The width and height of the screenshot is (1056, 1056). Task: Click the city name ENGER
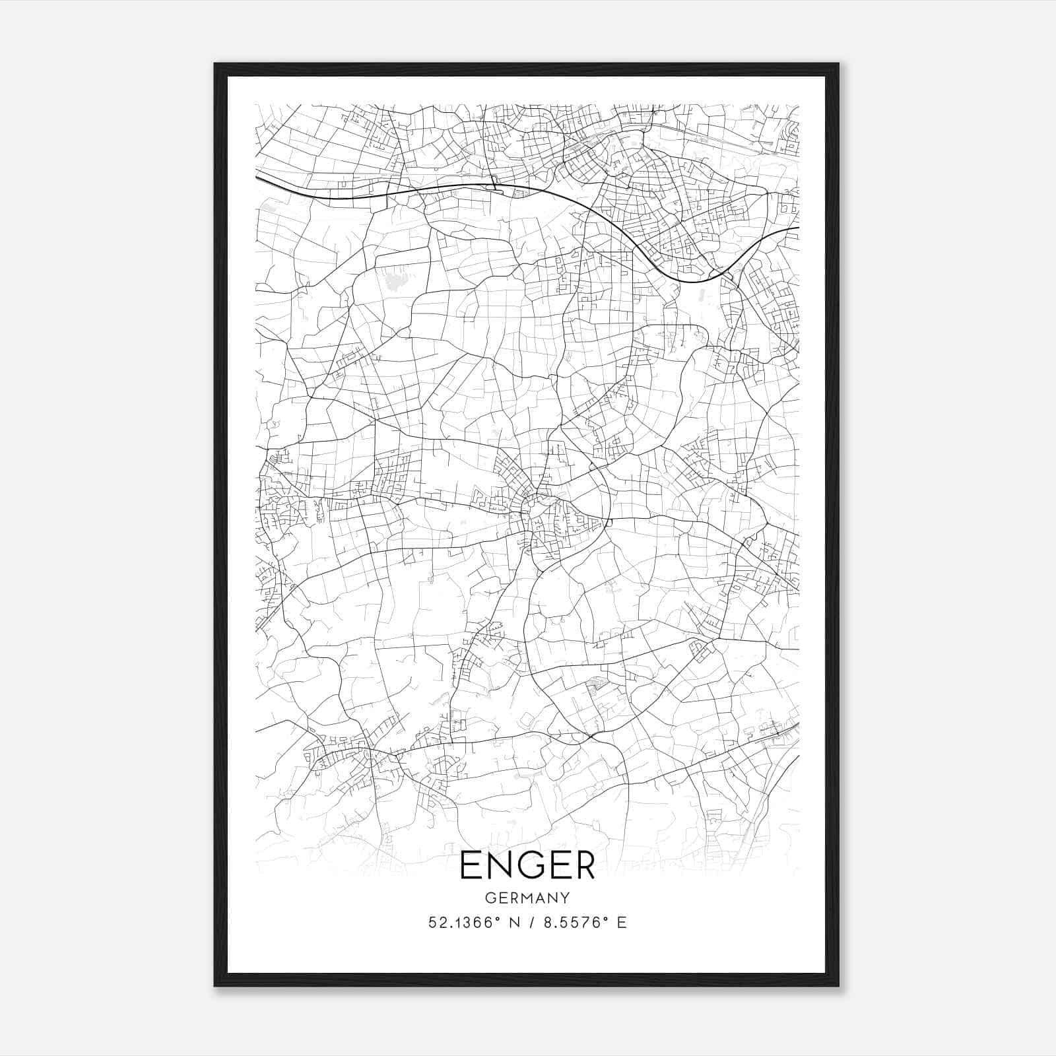527,865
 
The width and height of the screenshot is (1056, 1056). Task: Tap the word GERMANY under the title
527,898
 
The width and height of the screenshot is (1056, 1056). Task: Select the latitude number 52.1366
459,923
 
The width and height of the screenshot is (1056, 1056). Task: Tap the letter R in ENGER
582,865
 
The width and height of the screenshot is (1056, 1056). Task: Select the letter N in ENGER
498,865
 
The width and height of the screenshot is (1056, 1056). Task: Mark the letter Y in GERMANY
564,898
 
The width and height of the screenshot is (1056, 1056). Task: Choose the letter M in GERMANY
526,898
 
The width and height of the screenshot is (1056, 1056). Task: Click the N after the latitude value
511,923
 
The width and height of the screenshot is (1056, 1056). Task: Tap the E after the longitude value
621,923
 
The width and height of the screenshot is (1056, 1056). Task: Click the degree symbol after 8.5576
607,918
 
